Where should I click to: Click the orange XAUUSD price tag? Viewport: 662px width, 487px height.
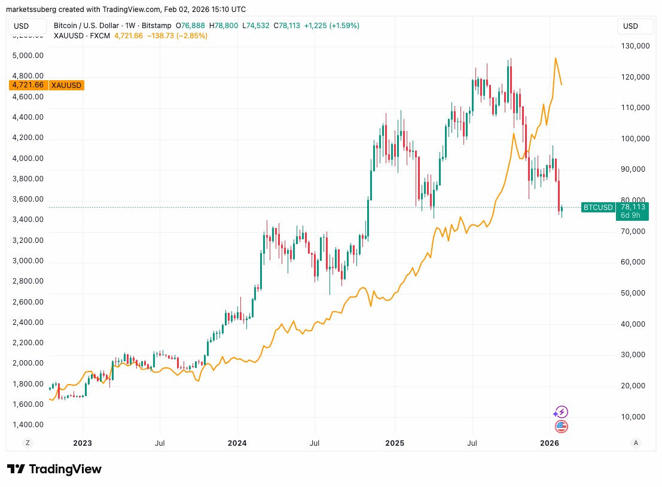[x=47, y=85]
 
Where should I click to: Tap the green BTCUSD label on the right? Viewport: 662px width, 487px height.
[x=598, y=207]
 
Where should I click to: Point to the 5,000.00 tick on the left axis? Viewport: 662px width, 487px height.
[x=29, y=55]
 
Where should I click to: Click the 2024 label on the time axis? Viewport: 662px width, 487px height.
[x=237, y=443]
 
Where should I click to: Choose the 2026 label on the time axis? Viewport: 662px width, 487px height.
[x=549, y=443]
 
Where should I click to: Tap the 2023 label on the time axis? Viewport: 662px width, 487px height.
[x=82, y=443]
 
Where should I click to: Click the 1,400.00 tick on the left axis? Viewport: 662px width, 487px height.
[x=29, y=425]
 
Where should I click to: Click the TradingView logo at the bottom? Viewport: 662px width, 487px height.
[x=54, y=469]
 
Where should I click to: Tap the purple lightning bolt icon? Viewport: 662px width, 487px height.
[x=560, y=412]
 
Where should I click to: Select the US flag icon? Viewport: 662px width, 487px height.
[x=561, y=427]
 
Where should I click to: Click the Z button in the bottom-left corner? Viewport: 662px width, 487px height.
[x=27, y=443]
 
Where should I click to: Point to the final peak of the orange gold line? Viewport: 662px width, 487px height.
[x=556, y=58]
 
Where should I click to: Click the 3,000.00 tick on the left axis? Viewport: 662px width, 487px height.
[x=29, y=261]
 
